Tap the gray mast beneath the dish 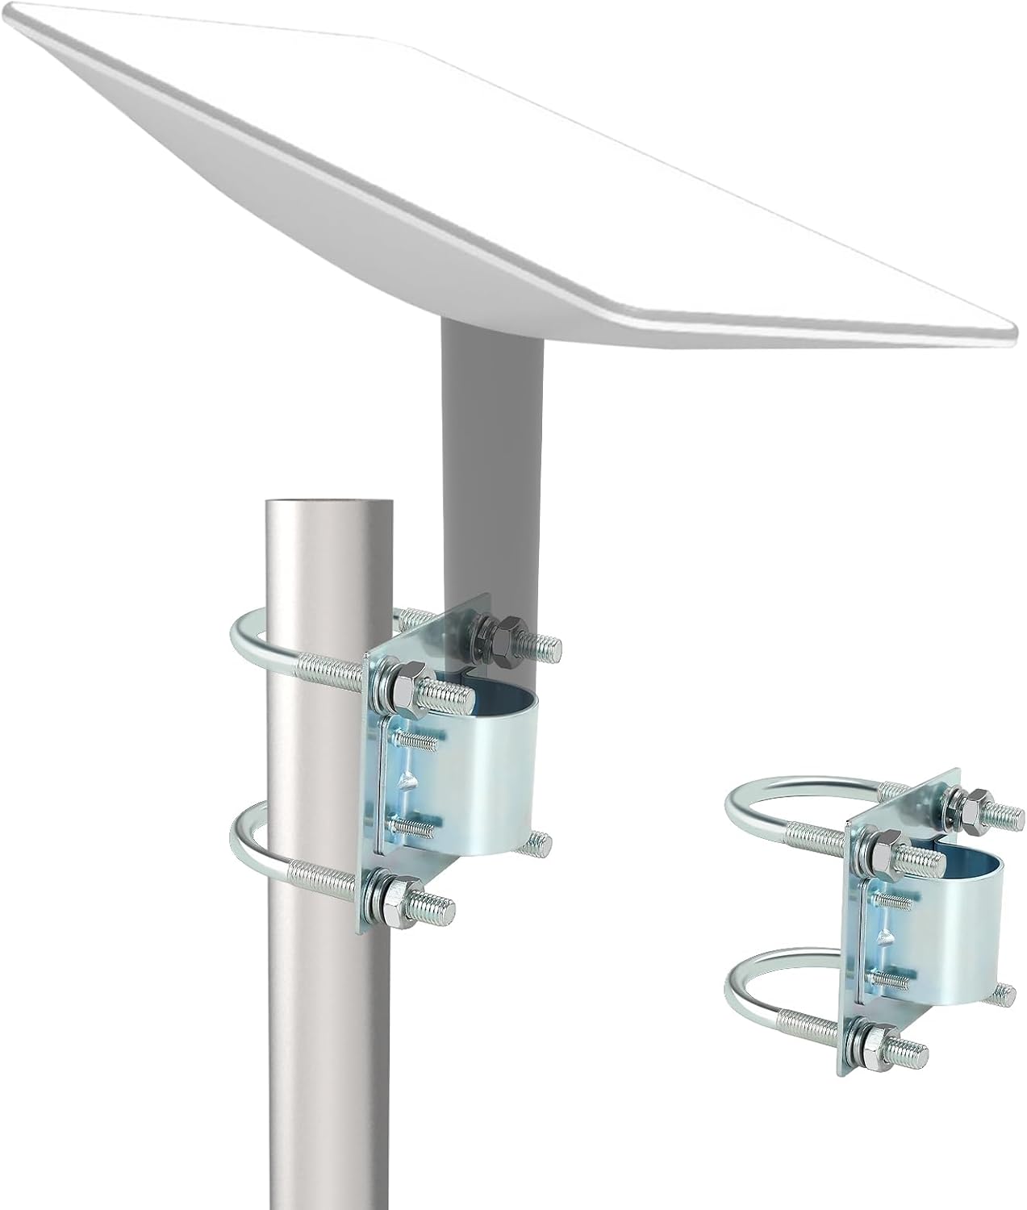pyautogui.click(x=492, y=452)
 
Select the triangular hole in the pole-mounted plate pyautogui.click(x=408, y=780)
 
